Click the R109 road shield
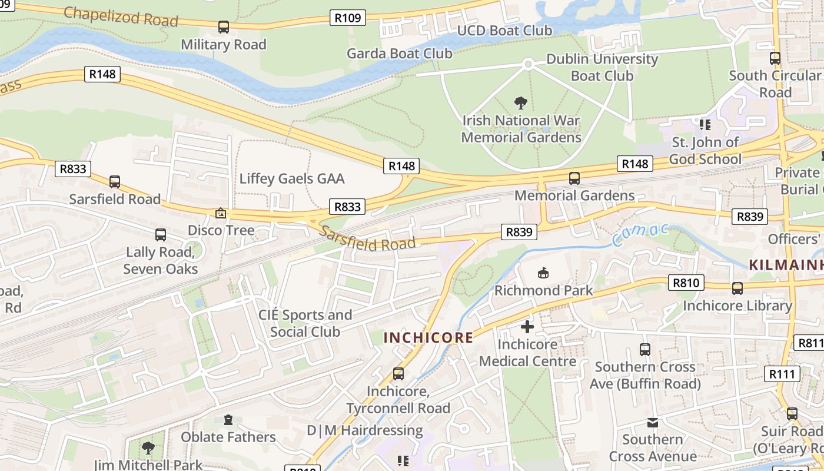pyautogui.click(x=347, y=18)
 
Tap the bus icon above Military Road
pyautogui.click(x=223, y=26)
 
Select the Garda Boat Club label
pyautogui.click(x=400, y=54)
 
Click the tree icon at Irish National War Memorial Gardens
pyautogui.click(x=520, y=104)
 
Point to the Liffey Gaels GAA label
pyautogui.click(x=292, y=179)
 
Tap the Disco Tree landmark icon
pyautogui.click(x=221, y=213)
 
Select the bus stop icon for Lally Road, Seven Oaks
pyautogui.click(x=160, y=235)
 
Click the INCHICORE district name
pyautogui.click(x=428, y=337)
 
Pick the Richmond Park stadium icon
pyautogui.click(x=543, y=273)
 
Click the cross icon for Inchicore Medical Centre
pyautogui.click(x=527, y=326)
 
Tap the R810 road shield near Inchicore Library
pyautogui.click(x=686, y=283)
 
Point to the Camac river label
pyautogui.click(x=640, y=234)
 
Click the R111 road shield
pyautogui.click(x=783, y=374)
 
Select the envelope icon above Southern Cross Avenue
pyautogui.click(x=652, y=422)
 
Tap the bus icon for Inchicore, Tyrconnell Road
pyautogui.click(x=398, y=374)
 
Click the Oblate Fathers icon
pyautogui.click(x=228, y=420)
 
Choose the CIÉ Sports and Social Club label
pyautogui.click(x=305, y=323)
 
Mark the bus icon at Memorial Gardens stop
pyautogui.click(x=574, y=178)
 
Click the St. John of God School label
pyautogui.click(x=705, y=151)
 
